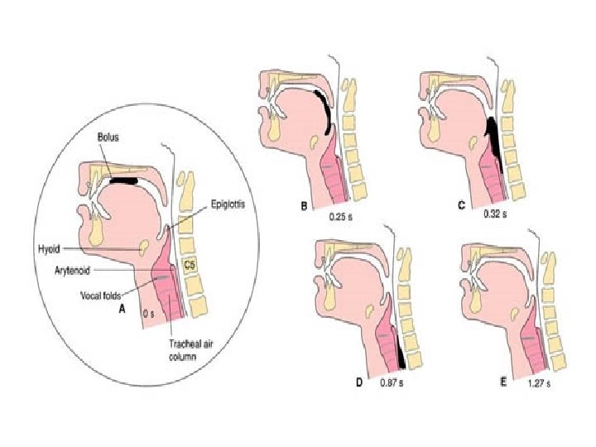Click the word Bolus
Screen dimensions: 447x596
pos(108,137)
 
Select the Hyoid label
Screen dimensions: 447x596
pos(49,247)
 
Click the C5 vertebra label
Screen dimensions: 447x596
pos(190,265)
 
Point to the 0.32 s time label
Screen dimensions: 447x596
pos(495,213)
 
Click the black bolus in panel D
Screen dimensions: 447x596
pos(403,354)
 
